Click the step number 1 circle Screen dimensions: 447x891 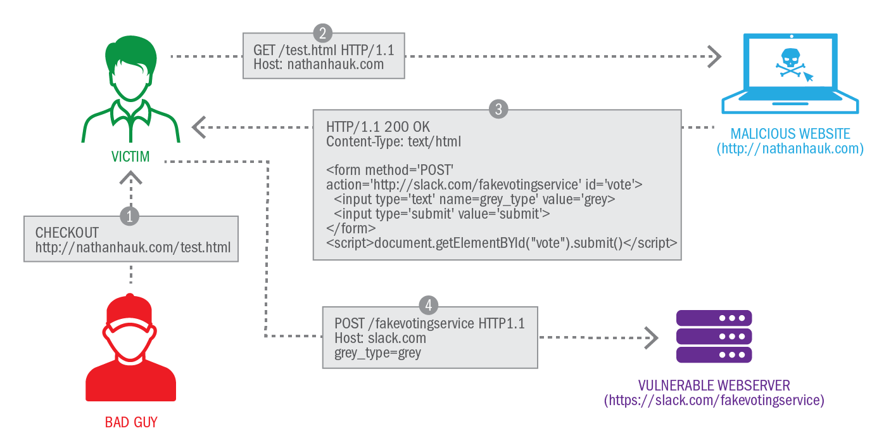coord(130,216)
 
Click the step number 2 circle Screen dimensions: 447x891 coord(323,33)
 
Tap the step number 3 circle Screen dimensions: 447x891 coord(498,109)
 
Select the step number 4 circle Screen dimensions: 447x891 coord(429,306)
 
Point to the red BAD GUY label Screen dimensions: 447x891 coord(131,422)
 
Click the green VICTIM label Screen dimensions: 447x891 coord(132,155)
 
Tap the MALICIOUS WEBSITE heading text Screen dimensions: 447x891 coord(790,134)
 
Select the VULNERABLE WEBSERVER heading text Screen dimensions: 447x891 coord(714,385)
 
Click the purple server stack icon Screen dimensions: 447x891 coord(714,337)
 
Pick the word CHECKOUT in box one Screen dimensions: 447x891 coord(67,233)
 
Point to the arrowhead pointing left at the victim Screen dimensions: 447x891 coord(199,127)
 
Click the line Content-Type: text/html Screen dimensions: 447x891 coord(393,141)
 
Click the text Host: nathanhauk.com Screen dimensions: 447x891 coord(319,64)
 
